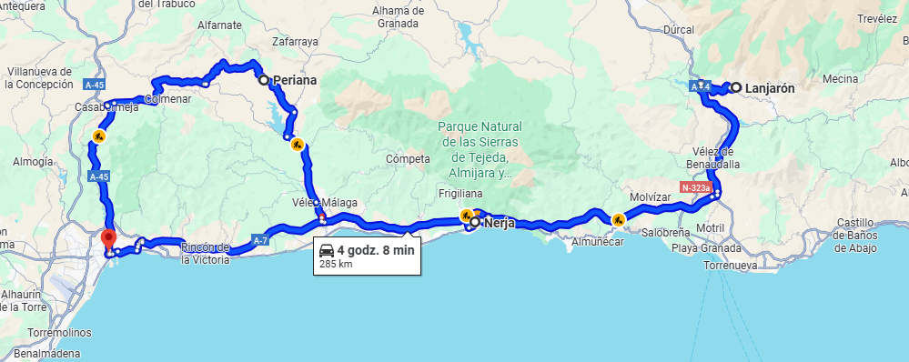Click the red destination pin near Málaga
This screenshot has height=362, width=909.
point(108,239)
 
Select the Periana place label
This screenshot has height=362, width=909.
point(294,80)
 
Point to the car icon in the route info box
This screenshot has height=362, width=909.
point(326,250)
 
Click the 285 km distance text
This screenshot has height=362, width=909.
point(335,265)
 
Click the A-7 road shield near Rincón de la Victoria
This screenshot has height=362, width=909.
point(260,240)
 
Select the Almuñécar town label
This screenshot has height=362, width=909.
point(597,243)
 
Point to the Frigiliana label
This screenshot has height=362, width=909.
point(460,195)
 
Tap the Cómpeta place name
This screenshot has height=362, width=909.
point(407,159)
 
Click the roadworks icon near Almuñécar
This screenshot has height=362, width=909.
point(618,218)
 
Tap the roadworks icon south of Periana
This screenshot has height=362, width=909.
point(297,144)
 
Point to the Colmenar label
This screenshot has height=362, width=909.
point(167,99)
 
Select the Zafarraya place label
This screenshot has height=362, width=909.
point(297,41)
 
